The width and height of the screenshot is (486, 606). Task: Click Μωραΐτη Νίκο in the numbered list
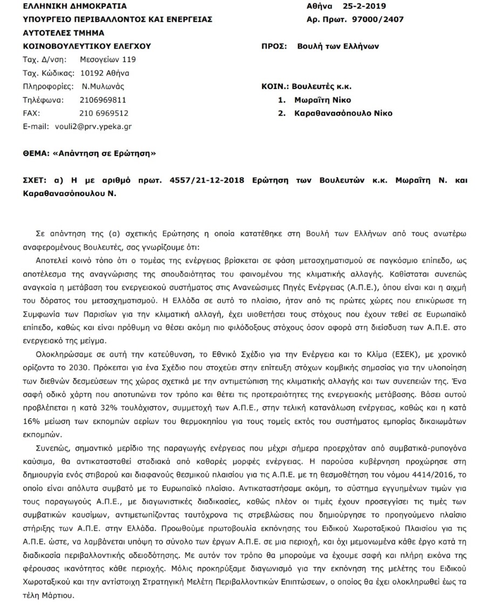[322, 100]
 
